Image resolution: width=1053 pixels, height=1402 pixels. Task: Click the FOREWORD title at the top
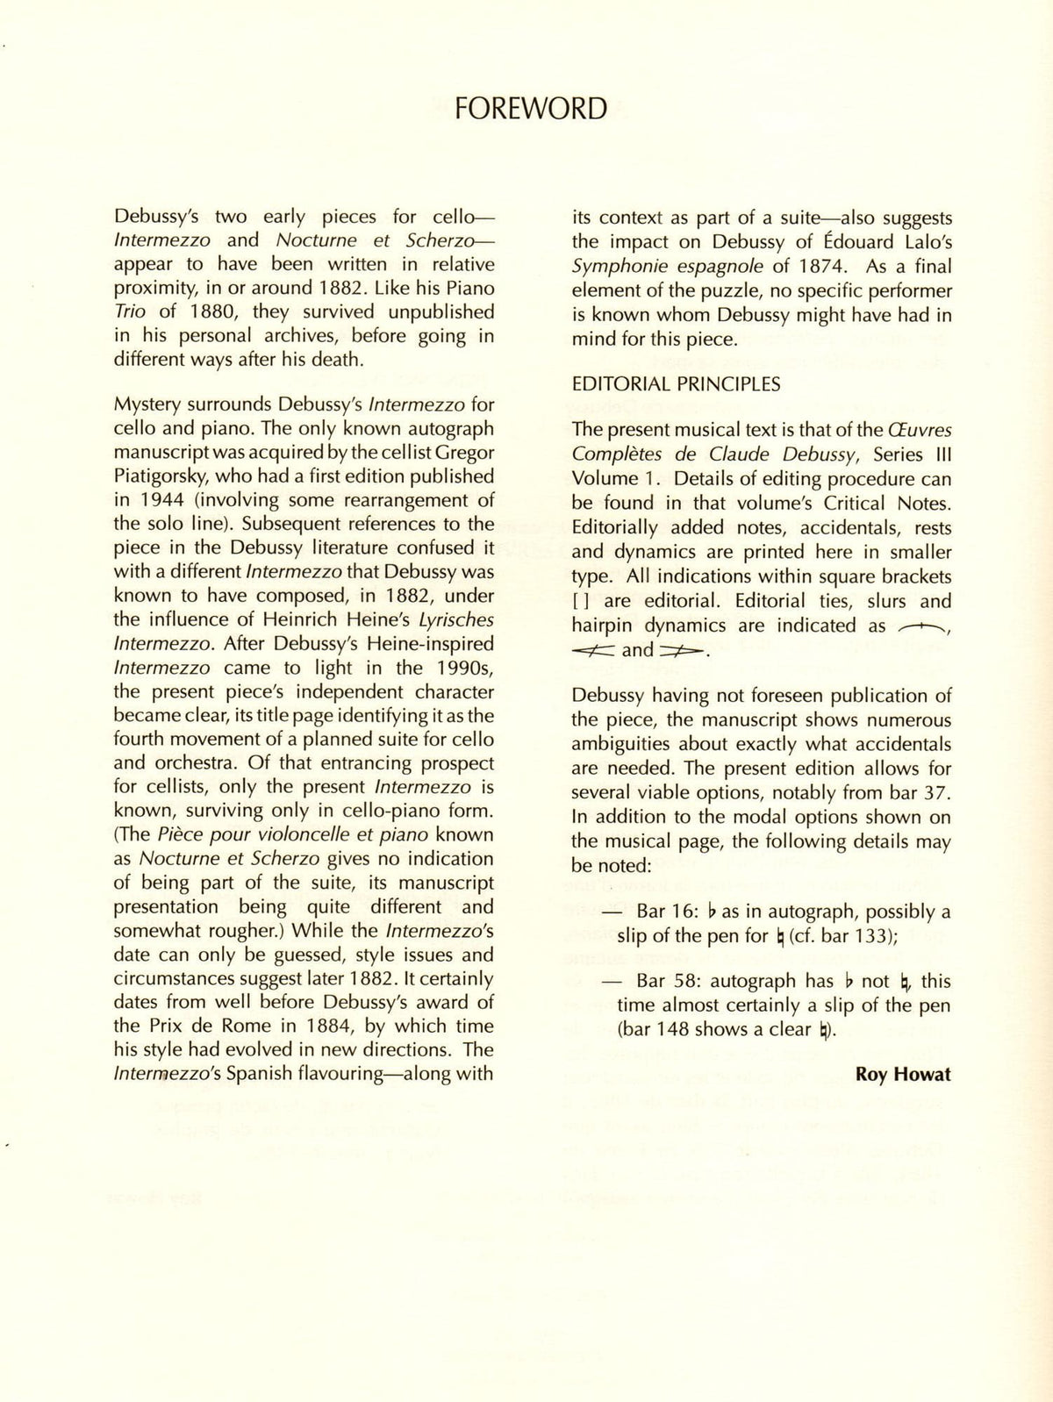click(531, 109)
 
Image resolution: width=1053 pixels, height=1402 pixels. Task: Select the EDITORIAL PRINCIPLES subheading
click(676, 384)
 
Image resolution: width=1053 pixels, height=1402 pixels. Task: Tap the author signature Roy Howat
click(903, 1074)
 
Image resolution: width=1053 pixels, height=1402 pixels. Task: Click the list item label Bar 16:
click(667, 912)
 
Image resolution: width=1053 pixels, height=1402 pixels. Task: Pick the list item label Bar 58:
click(667, 982)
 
